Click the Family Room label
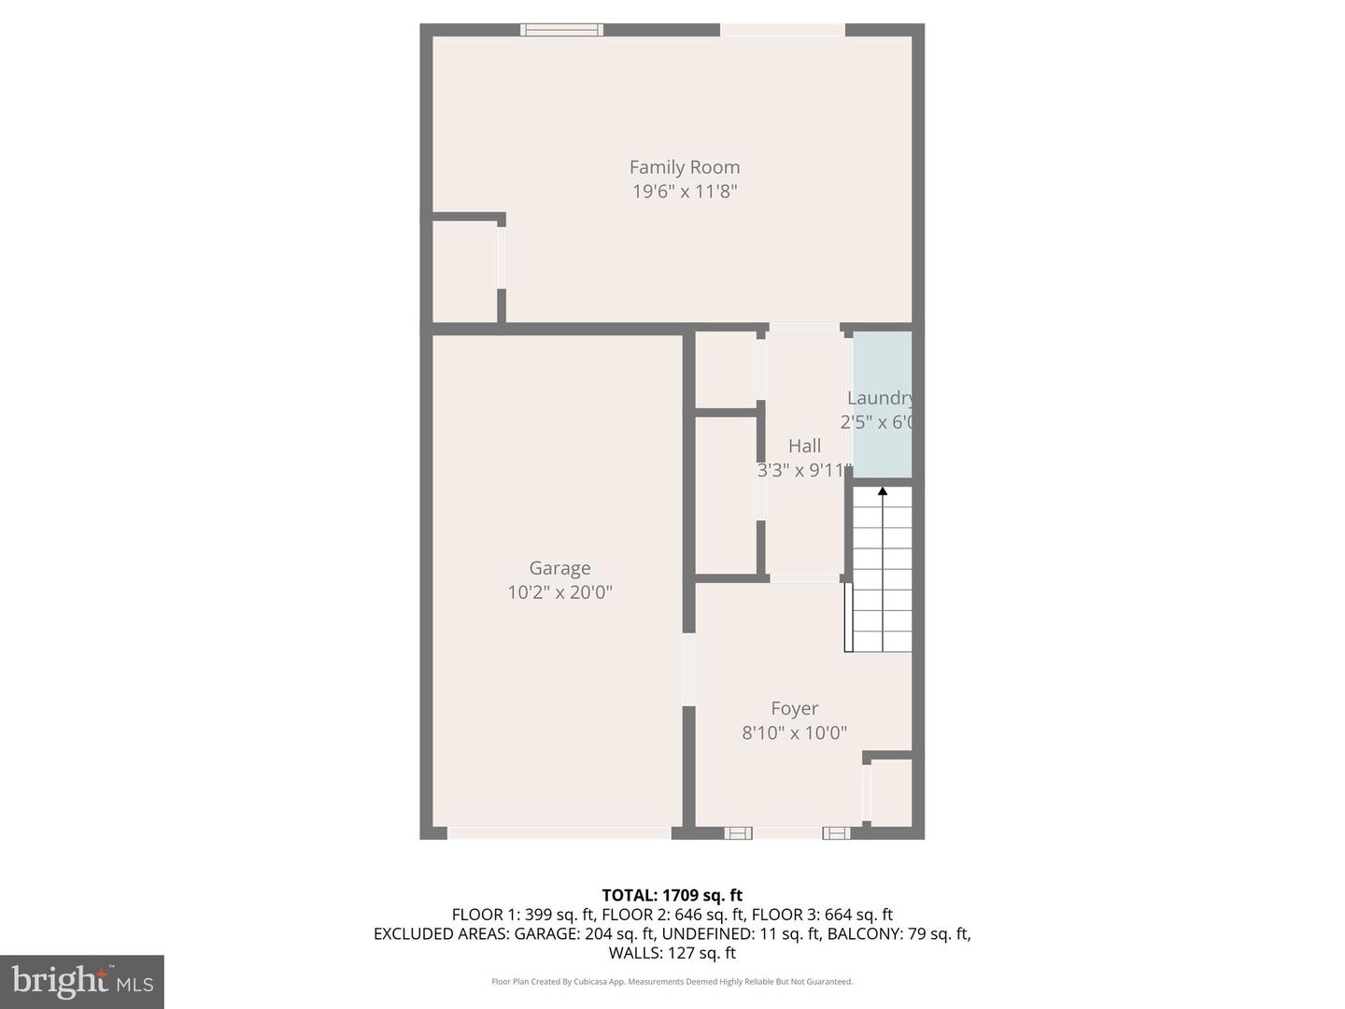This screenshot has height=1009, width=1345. point(684,167)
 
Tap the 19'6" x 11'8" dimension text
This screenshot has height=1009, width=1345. point(684,192)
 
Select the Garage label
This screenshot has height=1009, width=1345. point(559,568)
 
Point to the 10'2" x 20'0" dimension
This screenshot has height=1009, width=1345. point(559,592)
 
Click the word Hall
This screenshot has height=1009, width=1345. point(804,447)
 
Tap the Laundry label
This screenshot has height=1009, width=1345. point(879,398)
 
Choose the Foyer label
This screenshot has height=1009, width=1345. point(794,709)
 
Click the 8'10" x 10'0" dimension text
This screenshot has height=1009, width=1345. point(794,733)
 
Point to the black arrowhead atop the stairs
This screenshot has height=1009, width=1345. point(883,490)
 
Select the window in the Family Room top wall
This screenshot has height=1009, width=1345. point(561,30)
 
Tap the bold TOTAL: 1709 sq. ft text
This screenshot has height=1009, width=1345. point(672,895)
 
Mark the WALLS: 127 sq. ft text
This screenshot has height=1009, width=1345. point(672,953)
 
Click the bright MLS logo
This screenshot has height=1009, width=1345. point(82,981)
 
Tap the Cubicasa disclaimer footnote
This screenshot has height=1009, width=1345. point(672,982)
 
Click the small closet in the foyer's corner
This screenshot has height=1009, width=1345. point(891,792)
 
